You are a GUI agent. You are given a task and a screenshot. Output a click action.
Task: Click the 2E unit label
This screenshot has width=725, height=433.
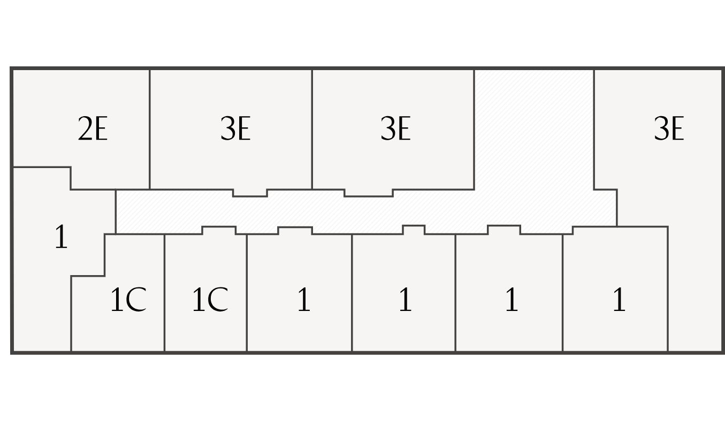[93, 130]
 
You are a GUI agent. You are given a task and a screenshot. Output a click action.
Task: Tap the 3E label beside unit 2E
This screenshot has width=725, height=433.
[235, 130]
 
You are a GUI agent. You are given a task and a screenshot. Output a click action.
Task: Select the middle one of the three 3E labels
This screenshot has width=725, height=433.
[395, 130]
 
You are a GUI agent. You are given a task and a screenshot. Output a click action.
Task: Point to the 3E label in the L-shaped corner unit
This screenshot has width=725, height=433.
[669, 130]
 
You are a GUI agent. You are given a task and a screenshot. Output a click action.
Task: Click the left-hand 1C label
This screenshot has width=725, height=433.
[128, 300]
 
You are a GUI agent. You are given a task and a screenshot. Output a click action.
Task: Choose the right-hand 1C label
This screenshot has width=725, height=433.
[210, 300]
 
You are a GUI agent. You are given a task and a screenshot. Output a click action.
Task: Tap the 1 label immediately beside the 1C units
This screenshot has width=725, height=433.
[303, 300]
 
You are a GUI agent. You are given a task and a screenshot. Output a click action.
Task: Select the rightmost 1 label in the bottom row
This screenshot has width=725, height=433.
[619, 300]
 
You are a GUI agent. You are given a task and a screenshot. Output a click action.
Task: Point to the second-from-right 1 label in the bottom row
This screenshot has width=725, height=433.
[512, 300]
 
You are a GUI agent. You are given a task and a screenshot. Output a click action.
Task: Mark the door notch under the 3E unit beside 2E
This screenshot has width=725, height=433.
[250, 193]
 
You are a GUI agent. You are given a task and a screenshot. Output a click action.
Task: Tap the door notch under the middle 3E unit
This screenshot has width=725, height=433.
[368, 193]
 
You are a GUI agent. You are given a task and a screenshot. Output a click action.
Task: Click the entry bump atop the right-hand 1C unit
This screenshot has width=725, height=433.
[219, 231]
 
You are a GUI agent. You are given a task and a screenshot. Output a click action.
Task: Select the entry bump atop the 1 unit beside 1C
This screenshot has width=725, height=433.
[295, 231]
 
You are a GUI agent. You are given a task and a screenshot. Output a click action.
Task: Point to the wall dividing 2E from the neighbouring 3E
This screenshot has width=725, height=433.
[150, 128]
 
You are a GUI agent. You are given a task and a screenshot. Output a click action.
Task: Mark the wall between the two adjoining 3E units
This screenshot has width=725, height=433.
[312, 128]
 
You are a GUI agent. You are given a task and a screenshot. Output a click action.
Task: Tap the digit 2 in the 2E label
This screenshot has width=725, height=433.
[85, 130]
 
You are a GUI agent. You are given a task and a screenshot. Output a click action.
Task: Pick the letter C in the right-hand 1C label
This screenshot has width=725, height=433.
[217, 300]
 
